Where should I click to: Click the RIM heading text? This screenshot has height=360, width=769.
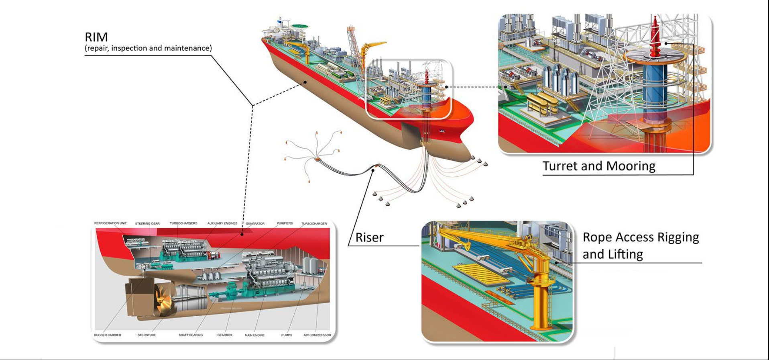(96, 37)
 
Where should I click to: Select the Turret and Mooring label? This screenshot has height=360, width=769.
(598, 166)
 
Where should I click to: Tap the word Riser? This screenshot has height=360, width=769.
(369, 237)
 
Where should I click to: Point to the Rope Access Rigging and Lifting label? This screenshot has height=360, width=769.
(640, 245)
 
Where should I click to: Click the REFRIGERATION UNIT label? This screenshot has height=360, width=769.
(110, 223)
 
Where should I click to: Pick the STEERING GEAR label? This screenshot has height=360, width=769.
(147, 224)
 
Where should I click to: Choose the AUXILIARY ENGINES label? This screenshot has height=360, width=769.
(222, 223)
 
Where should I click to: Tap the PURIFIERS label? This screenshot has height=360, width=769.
(285, 223)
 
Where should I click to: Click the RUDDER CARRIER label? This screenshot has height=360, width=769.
(108, 335)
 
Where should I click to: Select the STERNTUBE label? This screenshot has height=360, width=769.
(146, 335)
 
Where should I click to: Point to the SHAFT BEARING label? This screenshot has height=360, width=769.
(191, 335)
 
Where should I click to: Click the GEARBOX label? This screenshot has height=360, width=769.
(225, 335)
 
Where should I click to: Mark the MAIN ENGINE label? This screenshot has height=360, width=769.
(255, 335)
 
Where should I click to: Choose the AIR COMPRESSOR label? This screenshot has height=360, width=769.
(317, 335)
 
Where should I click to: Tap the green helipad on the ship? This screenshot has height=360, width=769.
(299, 27)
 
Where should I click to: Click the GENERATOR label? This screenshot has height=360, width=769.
(255, 224)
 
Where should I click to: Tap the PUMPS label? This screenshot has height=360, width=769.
(287, 335)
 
